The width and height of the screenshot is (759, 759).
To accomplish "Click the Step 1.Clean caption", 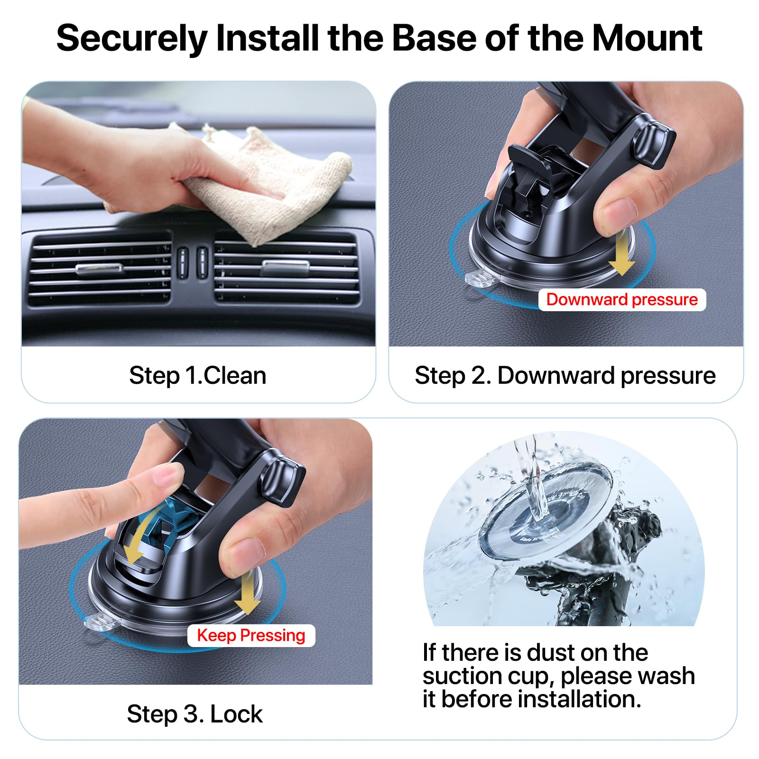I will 197,376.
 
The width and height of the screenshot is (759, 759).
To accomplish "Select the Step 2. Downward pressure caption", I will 565,376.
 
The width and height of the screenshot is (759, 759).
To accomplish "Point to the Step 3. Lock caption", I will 194,714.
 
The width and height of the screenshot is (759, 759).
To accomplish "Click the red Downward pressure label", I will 622,300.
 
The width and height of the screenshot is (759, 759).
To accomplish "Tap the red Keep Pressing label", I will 251,635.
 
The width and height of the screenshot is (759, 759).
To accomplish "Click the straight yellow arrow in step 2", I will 621,254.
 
